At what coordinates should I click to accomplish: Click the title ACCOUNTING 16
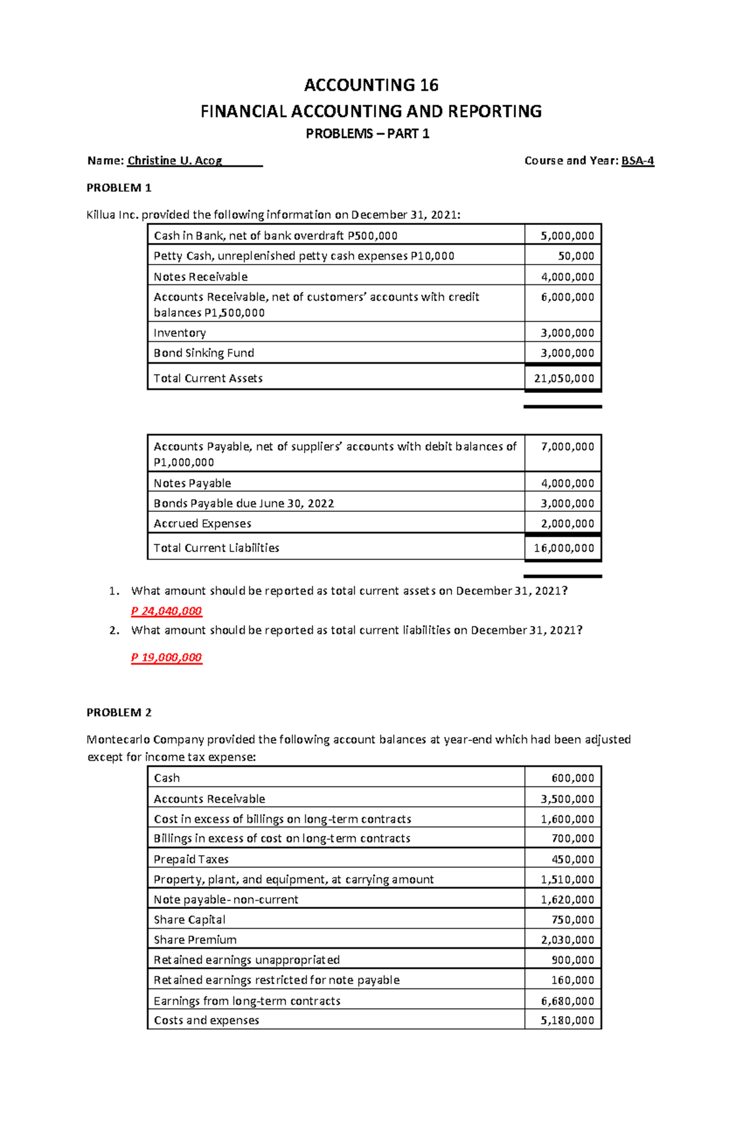(371, 85)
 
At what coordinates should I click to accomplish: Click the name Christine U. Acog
(175, 160)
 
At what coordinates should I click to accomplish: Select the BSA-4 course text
(638, 160)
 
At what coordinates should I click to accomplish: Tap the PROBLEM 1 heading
(119, 188)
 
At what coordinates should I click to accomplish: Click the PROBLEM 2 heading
(119, 713)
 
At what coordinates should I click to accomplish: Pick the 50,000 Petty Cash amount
(576, 256)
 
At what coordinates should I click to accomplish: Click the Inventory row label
(180, 333)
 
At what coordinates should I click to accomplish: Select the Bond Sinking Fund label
(204, 353)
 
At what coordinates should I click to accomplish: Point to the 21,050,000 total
(563, 378)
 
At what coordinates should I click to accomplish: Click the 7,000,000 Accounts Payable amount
(567, 446)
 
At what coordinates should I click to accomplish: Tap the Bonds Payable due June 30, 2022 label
(243, 503)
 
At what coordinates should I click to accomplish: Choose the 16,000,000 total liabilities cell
(563, 548)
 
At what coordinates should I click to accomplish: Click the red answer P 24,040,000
(166, 611)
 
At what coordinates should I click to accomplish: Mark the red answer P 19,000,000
(166, 657)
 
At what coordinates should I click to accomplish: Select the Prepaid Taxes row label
(191, 859)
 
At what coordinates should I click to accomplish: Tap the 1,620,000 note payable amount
(567, 899)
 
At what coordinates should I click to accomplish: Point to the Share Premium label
(195, 939)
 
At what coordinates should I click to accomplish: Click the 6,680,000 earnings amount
(567, 1000)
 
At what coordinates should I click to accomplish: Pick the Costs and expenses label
(206, 1020)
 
